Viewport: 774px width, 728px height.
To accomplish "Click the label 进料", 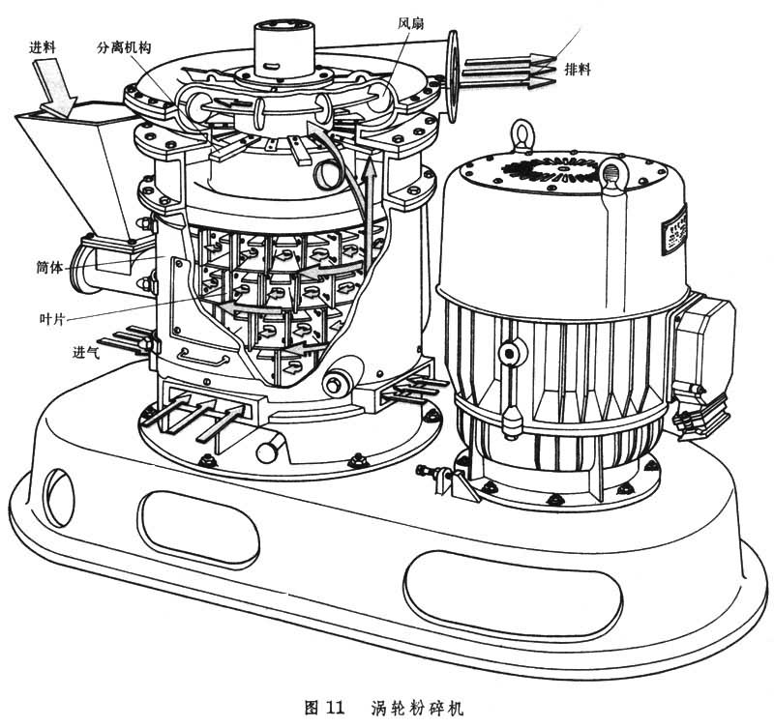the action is point(43,47).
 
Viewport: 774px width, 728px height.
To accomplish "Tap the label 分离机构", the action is point(124,47).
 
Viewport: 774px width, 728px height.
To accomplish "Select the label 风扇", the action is point(410,23).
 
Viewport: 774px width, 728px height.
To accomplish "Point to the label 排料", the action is point(578,69).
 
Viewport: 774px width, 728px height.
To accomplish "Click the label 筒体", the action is point(50,268).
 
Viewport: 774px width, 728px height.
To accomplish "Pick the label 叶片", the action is point(52,319).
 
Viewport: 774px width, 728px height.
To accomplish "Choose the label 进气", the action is point(86,352).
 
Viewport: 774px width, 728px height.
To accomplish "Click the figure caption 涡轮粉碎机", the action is point(418,709).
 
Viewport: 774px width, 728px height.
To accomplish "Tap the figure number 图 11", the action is point(324,709).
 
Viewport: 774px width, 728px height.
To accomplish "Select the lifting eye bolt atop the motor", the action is point(521,135).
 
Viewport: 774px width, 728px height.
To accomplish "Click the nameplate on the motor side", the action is point(674,230).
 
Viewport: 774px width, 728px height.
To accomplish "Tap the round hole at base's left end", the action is point(59,497).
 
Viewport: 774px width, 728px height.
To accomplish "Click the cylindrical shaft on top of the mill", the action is point(284,47).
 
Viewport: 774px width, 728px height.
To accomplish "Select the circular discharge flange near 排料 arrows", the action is point(452,75).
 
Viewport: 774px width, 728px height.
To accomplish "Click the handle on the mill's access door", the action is point(204,357).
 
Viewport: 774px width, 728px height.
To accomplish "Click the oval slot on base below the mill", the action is point(198,524).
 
